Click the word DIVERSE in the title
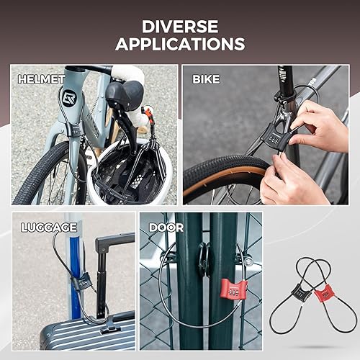click(x=180, y=26)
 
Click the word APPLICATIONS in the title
click(x=180, y=44)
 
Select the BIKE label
click(x=206, y=78)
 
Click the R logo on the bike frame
click(x=68, y=99)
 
